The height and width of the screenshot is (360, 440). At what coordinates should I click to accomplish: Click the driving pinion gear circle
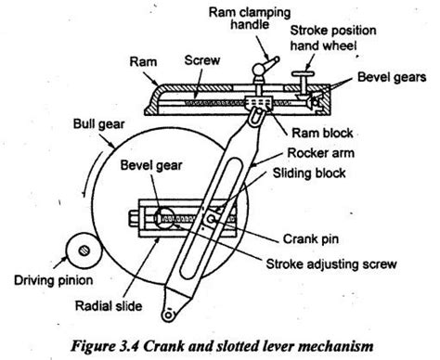tap(84, 251)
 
